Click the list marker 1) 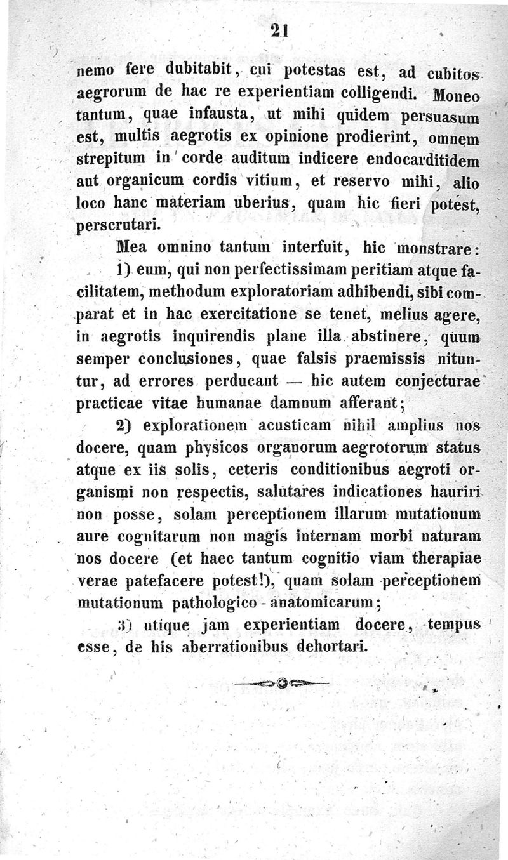pos(125,269)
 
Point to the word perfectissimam pos(276,270)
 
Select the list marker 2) pos(125,424)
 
